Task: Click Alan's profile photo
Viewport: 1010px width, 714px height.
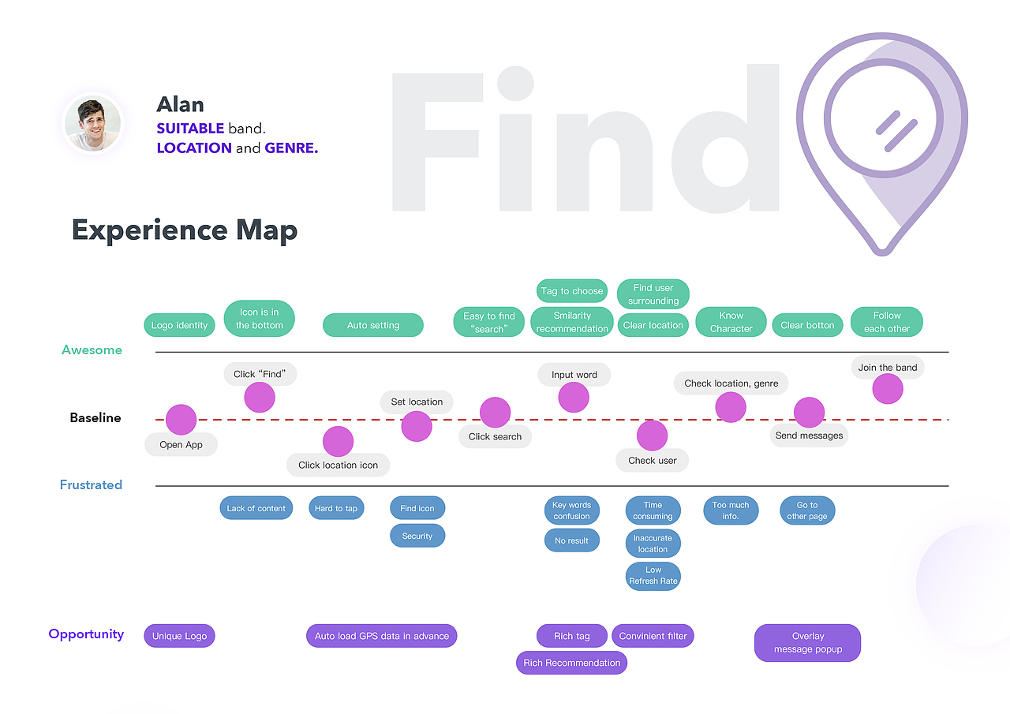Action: pos(93,124)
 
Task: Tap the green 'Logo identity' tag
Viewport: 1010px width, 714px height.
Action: pos(179,325)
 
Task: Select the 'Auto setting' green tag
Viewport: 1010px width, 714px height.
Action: pos(373,325)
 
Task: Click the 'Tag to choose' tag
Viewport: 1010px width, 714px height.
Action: pos(572,291)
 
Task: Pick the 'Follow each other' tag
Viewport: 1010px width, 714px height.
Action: pos(887,322)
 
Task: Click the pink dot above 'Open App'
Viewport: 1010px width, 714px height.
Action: pos(181,420)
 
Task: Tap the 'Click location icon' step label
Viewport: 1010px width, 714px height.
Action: pos(338,465)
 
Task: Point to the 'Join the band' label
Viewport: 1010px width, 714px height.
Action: pos(887,368)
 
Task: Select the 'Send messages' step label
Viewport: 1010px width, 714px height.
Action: pos(809,436)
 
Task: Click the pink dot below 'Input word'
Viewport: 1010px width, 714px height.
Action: pos(574,397)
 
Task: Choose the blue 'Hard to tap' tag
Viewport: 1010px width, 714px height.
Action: pos(335,508)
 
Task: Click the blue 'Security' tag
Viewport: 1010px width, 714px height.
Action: pos(417,536)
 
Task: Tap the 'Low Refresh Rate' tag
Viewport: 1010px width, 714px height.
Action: pos(653,575)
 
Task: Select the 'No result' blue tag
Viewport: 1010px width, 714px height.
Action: pos(572,540)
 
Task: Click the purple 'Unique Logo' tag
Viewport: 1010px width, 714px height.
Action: pos(179,636)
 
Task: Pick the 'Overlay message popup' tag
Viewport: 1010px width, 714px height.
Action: pos(807,642)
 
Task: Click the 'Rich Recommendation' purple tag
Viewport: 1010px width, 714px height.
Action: pos(572,663)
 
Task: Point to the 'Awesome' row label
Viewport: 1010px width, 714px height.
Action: pos(92,350)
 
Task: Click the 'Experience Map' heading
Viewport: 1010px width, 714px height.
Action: pos(185,230)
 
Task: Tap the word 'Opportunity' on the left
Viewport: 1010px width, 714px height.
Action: pos(86,634)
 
